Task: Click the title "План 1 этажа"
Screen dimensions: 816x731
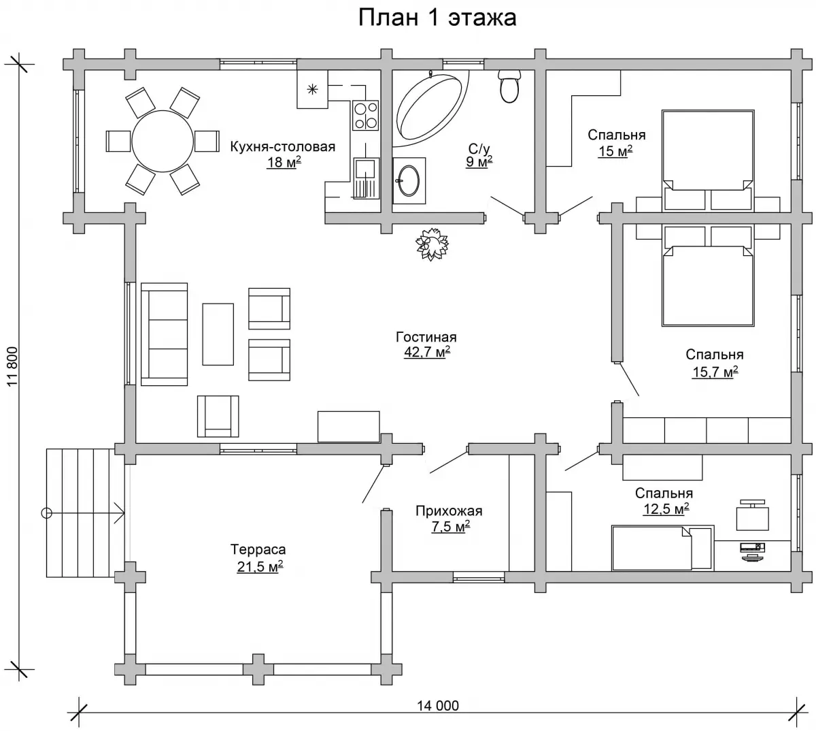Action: pos(437,18)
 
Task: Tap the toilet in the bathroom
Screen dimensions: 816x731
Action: pos(509,86)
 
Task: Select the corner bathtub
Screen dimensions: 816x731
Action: pos(431,108)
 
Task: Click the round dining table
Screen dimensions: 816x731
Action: pos(163,141)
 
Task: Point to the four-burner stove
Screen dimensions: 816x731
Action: pos(366,115)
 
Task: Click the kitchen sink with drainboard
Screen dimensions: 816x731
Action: pos(366,178)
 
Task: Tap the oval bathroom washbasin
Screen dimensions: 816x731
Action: pos(409,180)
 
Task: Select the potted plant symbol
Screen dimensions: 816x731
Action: pos(432,244)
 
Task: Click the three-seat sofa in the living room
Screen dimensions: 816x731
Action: pos(165,334)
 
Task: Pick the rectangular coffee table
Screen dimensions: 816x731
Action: pos(218,334)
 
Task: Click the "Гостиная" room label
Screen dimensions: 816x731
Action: pos(426,337)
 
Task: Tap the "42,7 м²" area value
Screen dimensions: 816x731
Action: pos(427,352)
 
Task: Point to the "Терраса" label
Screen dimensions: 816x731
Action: pos(258,549)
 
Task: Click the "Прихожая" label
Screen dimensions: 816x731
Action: pos(449,511)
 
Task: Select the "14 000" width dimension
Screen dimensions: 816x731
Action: pos(438,706)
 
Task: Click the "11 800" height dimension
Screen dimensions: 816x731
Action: pos(13,366)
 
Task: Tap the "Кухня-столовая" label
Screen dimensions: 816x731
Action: pos(283,147)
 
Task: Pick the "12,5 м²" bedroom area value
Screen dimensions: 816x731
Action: pos(666,509)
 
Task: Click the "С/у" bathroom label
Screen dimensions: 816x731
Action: pos(479,149)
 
